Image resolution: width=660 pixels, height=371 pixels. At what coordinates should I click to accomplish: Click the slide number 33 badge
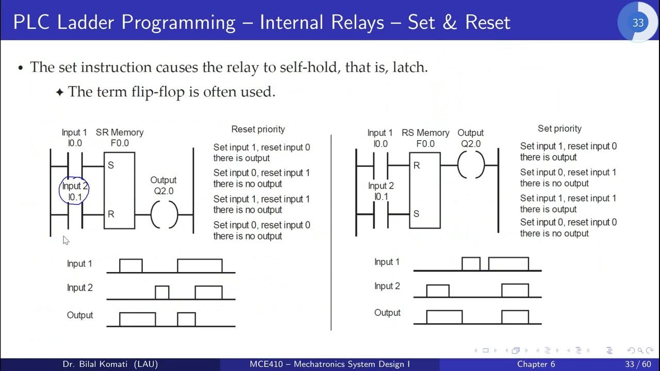pyautogui.click(x=638, y=23)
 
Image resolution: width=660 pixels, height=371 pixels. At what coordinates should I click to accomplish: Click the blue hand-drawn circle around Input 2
pyautogui.click(x=74, y=191)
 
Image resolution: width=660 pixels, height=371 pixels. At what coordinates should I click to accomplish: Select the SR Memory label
pyautogui.click(x=120, y=132)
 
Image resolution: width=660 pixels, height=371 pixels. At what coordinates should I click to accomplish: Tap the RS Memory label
pyautogui.click(x=425, y=133)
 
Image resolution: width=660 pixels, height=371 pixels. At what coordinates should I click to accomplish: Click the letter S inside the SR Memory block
pyautogui.click(x=110, y=165)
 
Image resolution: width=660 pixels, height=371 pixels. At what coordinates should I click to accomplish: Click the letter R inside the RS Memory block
pyautogui.click(x=417, y=165)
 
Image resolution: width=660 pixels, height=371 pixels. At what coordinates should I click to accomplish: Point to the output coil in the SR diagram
pyautogui.click(x=164, y=214)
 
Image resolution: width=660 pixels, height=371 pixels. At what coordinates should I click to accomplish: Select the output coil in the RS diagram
pyautogui.click(x=471, y=165)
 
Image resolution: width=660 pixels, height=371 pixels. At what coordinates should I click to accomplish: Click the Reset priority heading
pyautogui.click(x=258, y=129)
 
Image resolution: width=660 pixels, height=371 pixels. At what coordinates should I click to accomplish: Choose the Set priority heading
pyautogui.click(x=559, y=128)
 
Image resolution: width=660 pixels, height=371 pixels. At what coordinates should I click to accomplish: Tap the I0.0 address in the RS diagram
pyautogui.click(x=381, y=144)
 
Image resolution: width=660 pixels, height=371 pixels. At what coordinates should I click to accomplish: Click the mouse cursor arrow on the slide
pyautogui.click(x=65, y=240)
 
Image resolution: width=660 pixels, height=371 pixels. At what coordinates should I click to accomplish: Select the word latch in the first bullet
pyautogui.click(x=408, y=68)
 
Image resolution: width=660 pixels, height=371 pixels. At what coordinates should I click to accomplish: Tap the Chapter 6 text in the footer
pyautogui.click(x=536, y=364)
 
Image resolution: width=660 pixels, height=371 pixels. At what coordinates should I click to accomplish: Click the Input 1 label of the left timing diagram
pyautogui.click(x=79, y=264)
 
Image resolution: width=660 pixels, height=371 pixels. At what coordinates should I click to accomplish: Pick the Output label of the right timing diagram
pyautogui.click(x=387, y=313)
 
